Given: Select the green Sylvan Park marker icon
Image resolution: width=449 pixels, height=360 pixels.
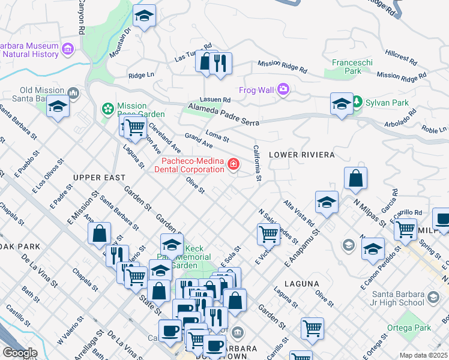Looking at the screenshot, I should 357,102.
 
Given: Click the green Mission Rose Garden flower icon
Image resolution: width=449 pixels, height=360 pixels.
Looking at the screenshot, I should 107,109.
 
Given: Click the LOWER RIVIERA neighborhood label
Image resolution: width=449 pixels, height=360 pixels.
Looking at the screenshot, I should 301,155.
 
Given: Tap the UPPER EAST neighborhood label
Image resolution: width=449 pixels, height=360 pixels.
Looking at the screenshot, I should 99,178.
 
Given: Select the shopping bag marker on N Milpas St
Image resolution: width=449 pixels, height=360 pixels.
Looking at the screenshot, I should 355,178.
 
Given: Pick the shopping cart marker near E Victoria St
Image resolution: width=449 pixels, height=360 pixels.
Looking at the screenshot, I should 268,233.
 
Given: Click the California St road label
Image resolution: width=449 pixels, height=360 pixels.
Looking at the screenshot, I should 257,163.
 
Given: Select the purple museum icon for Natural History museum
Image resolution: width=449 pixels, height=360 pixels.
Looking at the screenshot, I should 67,48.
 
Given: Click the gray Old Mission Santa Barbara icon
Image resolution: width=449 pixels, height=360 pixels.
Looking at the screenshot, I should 73,93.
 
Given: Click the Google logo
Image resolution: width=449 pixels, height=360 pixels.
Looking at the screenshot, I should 20,353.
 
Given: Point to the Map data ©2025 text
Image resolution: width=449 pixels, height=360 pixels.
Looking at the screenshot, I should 423,355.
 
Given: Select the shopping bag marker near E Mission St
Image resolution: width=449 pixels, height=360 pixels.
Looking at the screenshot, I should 100,233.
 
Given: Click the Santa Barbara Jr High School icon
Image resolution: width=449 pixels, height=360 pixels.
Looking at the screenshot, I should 432,297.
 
